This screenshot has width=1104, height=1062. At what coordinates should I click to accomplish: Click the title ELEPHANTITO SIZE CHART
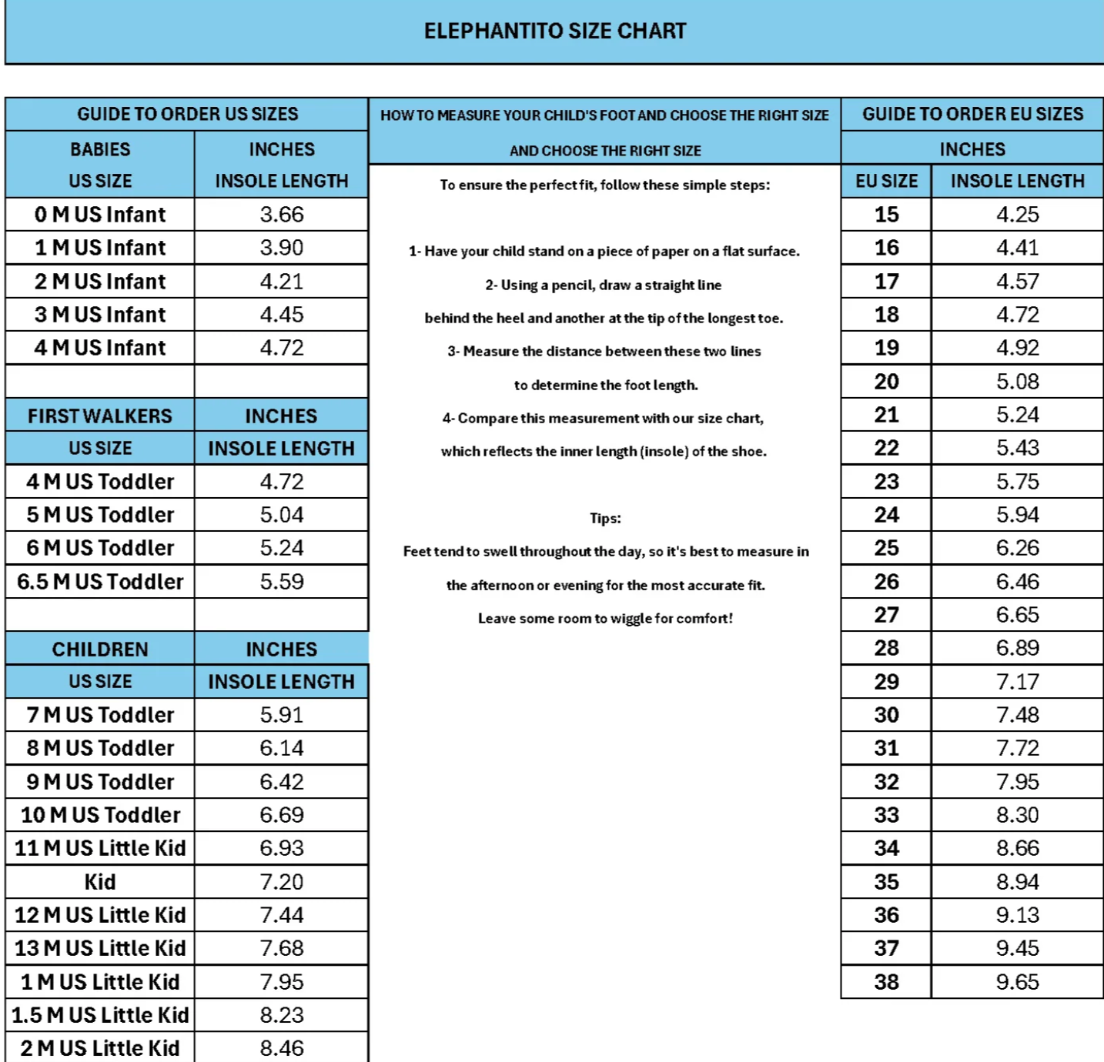click(554, 31)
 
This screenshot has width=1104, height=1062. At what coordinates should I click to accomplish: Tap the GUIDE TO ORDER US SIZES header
click(187, 114)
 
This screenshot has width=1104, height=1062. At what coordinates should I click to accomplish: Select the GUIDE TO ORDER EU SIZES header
click(972, 114)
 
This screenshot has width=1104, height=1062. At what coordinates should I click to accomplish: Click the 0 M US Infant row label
click(100, 215)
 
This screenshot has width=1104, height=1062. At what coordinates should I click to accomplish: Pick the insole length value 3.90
click(282, 248)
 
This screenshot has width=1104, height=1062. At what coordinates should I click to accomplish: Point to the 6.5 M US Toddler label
click(100, 582)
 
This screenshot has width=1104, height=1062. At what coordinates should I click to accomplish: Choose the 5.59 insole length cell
click(282, 582)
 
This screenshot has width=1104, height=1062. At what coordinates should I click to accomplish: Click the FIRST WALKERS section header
click(100, 416)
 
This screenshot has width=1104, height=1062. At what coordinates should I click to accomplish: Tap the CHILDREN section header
click(100, 650)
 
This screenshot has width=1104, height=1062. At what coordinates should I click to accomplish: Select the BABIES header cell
click(100, 149)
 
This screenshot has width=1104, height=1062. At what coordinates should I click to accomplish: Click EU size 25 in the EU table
click(886, 548)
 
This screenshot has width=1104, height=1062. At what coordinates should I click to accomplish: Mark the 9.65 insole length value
click(1017, 982)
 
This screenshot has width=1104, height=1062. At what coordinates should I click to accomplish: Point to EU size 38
click(886, 982)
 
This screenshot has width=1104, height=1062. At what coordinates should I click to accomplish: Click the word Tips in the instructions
click(605, 518)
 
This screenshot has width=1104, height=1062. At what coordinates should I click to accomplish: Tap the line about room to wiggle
click(605, 619)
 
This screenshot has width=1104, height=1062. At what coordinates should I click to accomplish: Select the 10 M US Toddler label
click(100, 815)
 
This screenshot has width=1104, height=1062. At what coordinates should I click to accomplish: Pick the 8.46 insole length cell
click(282, 1048)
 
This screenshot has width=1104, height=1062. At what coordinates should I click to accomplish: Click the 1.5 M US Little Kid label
click(100, 1015)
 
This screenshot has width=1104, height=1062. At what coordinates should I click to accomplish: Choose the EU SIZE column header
click(886, 182)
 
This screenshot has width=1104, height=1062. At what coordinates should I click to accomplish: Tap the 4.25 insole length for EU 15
click(1017, 215)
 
